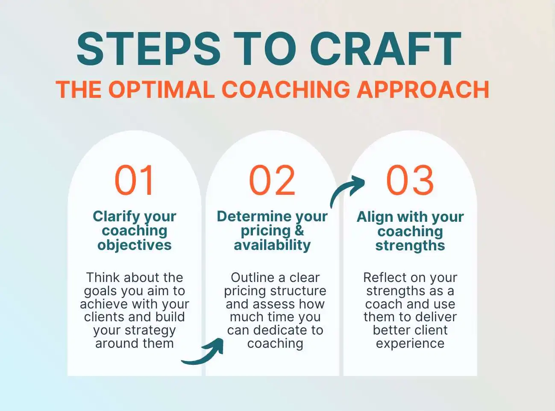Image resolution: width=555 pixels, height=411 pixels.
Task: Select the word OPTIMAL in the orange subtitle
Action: click(x=161, y=90)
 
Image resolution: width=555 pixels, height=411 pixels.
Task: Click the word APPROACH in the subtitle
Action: click(x=423, y=90)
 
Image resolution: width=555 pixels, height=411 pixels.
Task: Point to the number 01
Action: click(x=134, y=180)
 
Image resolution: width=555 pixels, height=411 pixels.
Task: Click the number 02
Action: click(x=272, y=180)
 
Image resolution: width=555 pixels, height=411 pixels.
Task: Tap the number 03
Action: click(x=410, y=180)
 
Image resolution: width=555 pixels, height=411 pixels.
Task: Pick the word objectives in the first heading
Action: click(x=134, y=245)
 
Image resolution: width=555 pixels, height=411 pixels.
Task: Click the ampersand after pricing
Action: click(x=299, y=230)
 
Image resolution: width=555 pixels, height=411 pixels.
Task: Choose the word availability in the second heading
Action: click(x=272, y=245)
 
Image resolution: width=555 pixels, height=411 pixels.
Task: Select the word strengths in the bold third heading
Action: click(x=410, y=245)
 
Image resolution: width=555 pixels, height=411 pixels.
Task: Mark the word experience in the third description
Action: click(x=410, y=343)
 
